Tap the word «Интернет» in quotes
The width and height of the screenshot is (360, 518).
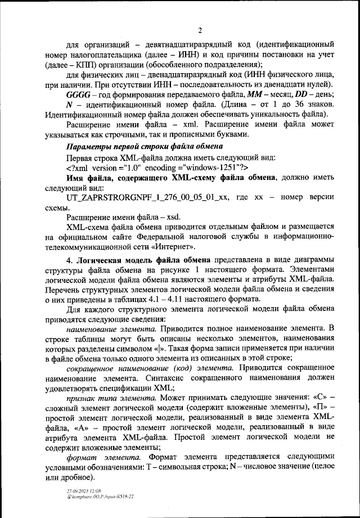tap(174, 247)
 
